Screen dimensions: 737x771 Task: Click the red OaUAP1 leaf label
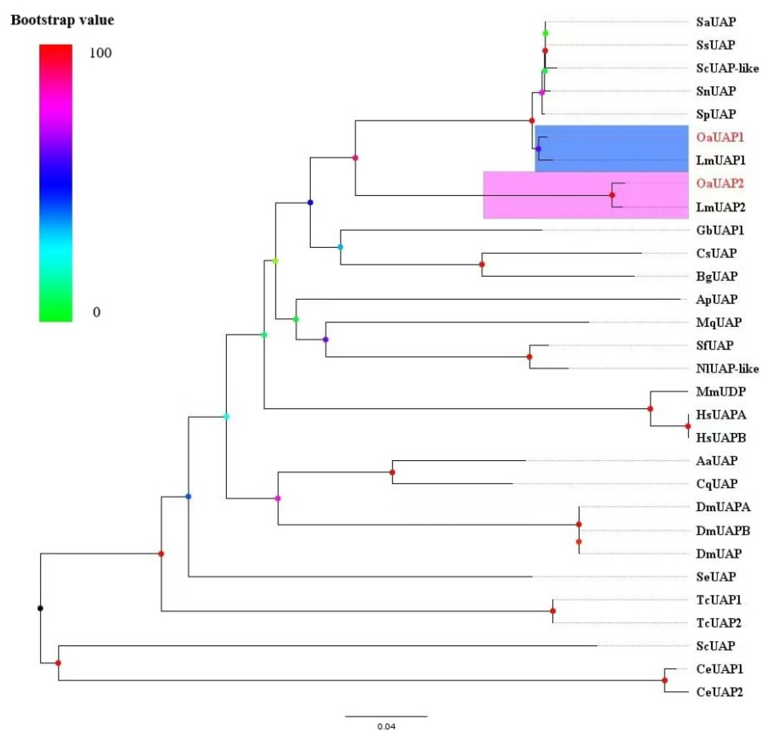pyautogui.click(x=720, y=138)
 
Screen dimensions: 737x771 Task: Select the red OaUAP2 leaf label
pyautogui.click(x=720, y=183)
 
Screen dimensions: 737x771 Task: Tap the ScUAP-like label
pyautogui.click(x=727, y=68)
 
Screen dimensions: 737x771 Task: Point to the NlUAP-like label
pyautogui.click(x=727, y=369)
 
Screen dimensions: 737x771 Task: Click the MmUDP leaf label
pyautogui.click(x=721, y=392)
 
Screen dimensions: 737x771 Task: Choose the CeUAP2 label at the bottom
pyautogui.click(x=720, y=692)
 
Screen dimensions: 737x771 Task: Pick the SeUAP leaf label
pyautogui.click(x=716, y=577)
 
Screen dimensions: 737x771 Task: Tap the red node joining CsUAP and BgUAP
pyautogui.click(x=482, y=264)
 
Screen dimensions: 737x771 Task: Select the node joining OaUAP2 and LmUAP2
pyautogui.click(x=612, y=195)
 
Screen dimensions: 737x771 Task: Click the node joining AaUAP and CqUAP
pyautogui.click(x=392, y=472)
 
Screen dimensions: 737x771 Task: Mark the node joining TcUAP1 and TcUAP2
pyautogui.click(x=553, y=611)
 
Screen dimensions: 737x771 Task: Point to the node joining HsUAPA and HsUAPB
pyautogui.click(x=688, y=426)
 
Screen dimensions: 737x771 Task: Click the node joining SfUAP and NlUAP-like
pyautogui.click(x=529, y=357)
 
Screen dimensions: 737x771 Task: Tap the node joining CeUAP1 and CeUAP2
pyautogui.click(x=665, y=680)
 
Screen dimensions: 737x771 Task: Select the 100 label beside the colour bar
pyautogui.click(x=100, y=53)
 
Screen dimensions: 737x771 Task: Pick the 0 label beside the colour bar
pyautogui.click(x=96, y=312)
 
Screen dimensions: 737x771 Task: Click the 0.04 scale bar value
pyautogui.click(x=386, y=726)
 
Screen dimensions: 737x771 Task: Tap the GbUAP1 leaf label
pyautogui.click(x=720, y=230)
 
